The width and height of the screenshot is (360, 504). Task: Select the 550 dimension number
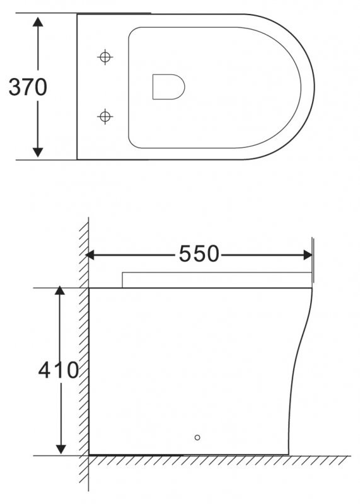[199, 254]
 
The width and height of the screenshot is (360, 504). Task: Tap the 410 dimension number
[58, 370]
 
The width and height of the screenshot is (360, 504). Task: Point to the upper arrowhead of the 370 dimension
[38, 22]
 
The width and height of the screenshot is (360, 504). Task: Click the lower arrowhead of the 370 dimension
[38, 151]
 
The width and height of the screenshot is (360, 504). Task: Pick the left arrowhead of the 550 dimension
[90, 255]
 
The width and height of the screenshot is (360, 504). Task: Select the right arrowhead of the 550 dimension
[308, 255]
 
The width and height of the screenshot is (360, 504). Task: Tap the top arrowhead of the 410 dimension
[60, 292]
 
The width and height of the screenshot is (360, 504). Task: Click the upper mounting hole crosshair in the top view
[105, 57]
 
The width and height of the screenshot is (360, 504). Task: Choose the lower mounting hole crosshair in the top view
[105, 116]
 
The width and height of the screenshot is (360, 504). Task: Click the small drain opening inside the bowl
[168, 86]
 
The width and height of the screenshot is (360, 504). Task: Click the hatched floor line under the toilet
[221, 460]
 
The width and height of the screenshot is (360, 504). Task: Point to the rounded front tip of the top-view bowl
[313, 87]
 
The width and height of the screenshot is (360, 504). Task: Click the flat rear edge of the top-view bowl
[77, 87]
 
